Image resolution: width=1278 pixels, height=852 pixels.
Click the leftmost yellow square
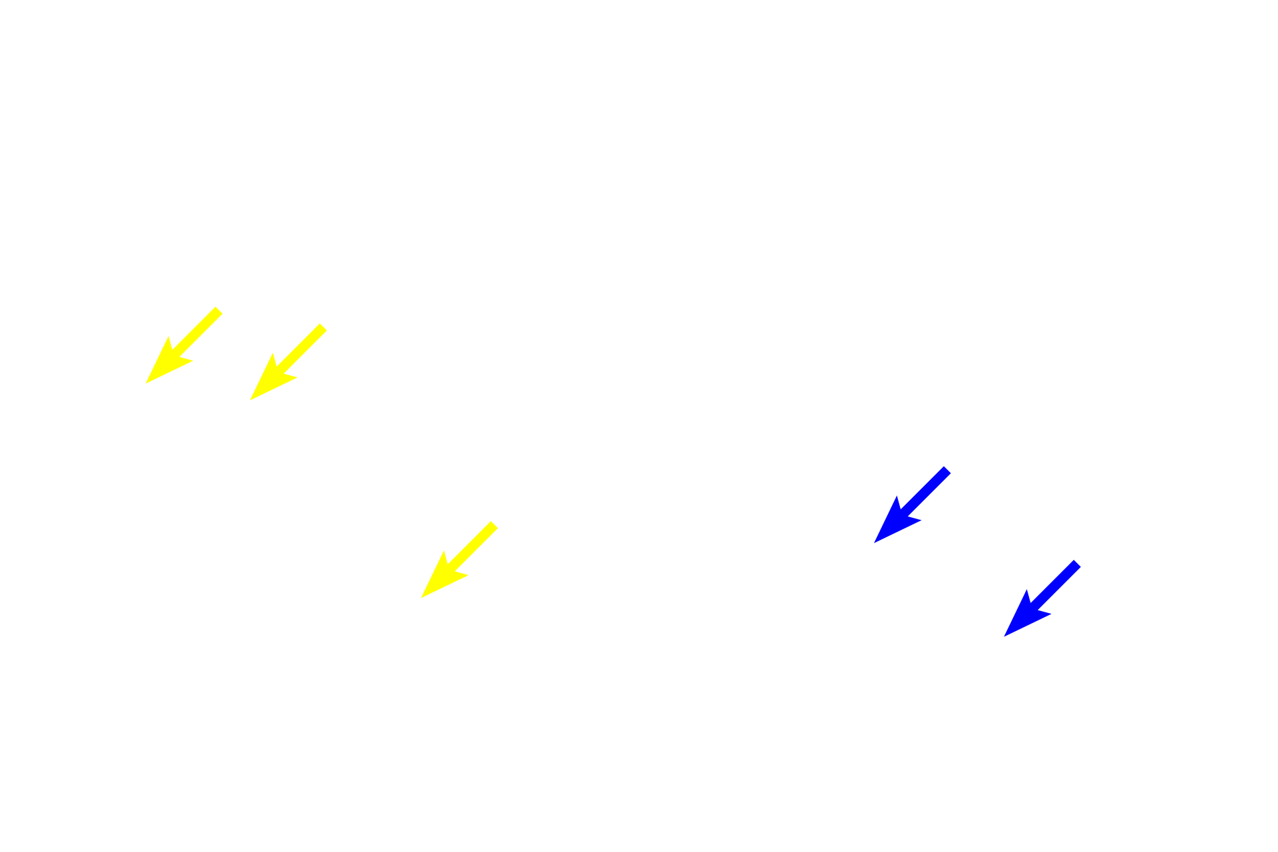tap(184, 345)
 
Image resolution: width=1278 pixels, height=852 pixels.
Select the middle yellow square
tap(288, 362)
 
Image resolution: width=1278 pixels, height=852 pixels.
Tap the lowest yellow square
tap(459, 559)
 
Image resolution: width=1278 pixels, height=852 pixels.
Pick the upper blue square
tap(912, 505)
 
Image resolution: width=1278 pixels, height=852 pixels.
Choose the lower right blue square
tap(1042, 598)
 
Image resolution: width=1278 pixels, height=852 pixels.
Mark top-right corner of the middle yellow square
tap(327, 323)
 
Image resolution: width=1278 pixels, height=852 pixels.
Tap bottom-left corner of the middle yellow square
tap(250, 401)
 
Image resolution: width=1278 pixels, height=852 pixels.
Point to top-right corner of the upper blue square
tap(951, 466)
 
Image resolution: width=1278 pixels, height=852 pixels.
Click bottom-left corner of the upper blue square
tap(873, 543)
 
